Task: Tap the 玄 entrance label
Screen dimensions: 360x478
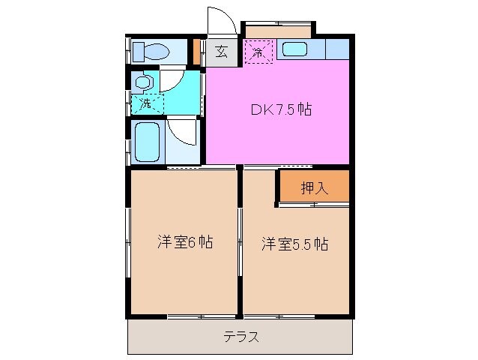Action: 222,52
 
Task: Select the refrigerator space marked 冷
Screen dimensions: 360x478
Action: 258,52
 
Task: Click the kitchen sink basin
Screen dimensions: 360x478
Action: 294,50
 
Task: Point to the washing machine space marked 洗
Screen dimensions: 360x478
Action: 145,103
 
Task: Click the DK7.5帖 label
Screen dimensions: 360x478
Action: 281,109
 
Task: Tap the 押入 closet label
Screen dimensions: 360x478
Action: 314,187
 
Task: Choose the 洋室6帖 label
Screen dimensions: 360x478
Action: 184,243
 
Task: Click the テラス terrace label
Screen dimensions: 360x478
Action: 240,337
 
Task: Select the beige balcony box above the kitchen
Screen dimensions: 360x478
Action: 278,31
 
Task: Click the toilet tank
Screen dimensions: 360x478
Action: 139,52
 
